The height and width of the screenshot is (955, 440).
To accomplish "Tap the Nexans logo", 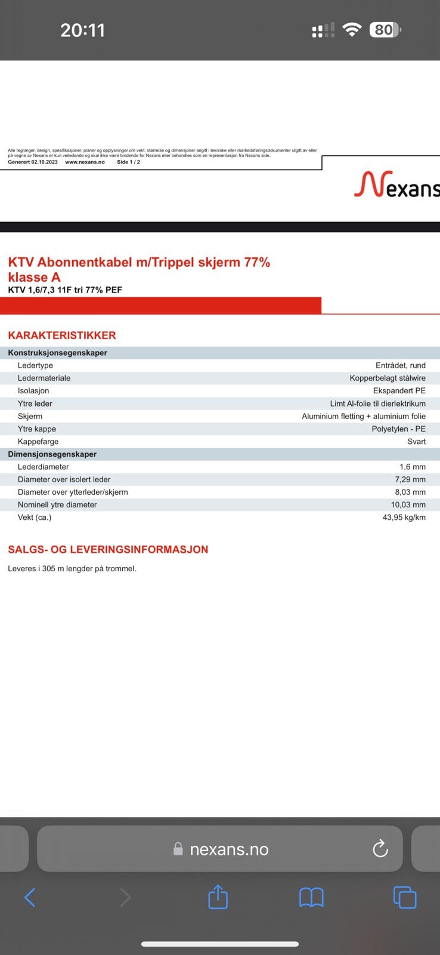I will point(397,184).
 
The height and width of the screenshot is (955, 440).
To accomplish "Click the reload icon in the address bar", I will point(380,849).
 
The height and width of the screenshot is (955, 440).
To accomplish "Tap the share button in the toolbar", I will point(218,897).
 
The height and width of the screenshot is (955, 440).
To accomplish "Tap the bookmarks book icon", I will point(311,897).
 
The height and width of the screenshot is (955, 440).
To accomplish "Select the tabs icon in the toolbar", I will point(405,897).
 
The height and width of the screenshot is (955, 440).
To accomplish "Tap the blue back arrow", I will point(30,897).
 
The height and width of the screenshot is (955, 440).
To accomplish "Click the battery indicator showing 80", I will point(385,30).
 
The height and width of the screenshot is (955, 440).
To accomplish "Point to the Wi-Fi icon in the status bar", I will point(352,30).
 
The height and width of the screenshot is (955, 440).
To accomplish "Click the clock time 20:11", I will point(82,30).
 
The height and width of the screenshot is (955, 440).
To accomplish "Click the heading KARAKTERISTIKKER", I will point(62,335).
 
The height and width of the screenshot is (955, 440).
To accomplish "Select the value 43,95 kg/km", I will point(404,517).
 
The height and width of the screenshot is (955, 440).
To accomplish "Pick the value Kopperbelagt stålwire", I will point(388,378).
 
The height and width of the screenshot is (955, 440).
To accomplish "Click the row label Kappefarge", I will point(38,442).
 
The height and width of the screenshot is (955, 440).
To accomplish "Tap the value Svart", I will point(416,442).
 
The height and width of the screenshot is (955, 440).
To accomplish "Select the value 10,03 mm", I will point(408,505).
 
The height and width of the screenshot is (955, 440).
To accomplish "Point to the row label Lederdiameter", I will point(43,467).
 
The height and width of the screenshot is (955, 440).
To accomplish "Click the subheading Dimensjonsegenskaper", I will point(52,454).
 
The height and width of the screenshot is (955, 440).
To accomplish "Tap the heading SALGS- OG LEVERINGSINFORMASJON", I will point(108,550).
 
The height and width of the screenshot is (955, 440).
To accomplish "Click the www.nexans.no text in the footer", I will point(85,162).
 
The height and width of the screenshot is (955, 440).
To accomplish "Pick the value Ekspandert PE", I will point(399,391).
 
